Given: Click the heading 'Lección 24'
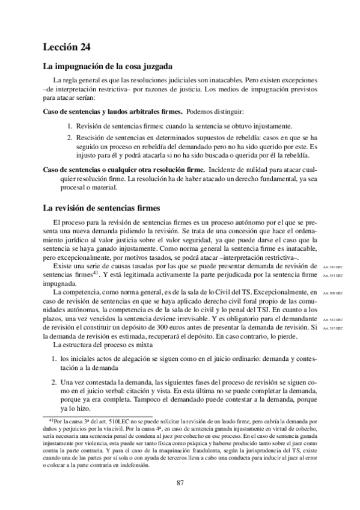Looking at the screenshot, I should click(x=67, y=45).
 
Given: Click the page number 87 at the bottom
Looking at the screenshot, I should click(x=180, y=482).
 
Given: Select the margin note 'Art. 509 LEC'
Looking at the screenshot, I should click(x=332, y=293).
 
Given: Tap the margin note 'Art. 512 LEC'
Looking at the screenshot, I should click(x=332, y=319).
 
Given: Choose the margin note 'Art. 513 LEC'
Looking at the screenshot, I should click(x=332, y=328).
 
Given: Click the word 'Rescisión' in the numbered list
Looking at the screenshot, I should click(x=90, y=137).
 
